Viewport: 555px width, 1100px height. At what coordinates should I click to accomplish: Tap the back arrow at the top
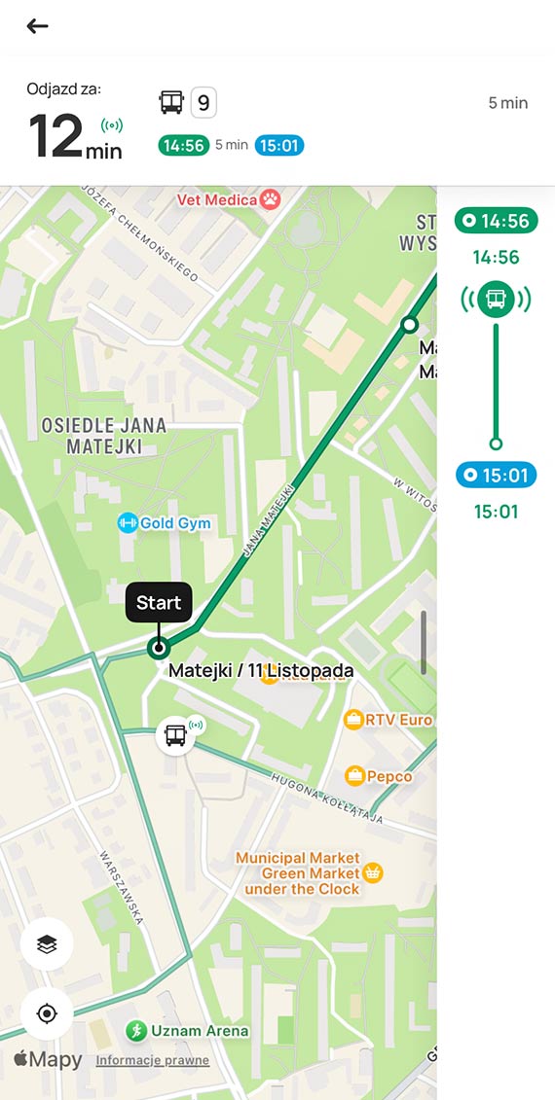tap(37, 26)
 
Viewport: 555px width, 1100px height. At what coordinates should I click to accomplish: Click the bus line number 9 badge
tap(203, 102)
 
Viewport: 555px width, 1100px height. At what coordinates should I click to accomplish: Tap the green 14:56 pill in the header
tap(183, 145)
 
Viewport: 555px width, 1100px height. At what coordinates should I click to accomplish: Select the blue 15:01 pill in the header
tap(279, 145)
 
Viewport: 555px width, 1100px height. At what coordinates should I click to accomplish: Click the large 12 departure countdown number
tap(55, 136)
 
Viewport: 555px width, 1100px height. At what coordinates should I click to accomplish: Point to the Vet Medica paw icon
tap(270, 199)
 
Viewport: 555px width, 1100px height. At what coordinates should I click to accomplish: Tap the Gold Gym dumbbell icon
tap(127, 523)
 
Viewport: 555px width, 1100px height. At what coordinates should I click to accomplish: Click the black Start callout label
tap(159, 602)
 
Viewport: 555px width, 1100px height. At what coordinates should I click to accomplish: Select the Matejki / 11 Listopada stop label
tap(261, 670)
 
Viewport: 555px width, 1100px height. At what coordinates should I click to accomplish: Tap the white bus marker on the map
tap(175, 734)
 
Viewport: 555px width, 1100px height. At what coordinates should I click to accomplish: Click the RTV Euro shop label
tap(398, 720)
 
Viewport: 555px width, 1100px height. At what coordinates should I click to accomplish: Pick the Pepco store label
tap(388, 776)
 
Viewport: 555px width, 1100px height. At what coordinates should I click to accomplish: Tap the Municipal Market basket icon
tap(372, 872)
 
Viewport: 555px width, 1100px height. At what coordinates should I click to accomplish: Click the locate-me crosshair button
tap(47, 1013)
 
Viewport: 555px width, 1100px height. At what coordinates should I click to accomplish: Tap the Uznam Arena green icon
tap(136, 1031)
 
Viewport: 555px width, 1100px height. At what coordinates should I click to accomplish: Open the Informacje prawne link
tap(152, 1060)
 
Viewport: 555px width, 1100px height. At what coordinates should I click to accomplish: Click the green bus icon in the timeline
tap(496, 298)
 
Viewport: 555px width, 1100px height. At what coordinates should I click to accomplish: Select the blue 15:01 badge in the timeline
tap(496, 476)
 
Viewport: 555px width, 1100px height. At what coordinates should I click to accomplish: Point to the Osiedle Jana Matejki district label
tap(104, 436)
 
